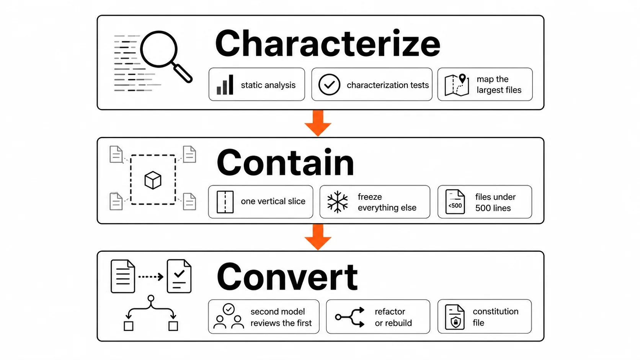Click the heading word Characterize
pyautogui.click(x=327, y=43)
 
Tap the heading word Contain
pyautogui.click(x=286, y=163)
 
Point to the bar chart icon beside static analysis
pyautogui.click(x=225, y=85)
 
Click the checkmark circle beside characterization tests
pyautogui.click(x=329, y=85)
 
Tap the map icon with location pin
pyautogui.click(x=457, y=85)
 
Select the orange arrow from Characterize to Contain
pyautogui.click(x=318, y=123)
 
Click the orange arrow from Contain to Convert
pyautogui.click(x=318, y=237)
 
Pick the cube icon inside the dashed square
pyautogui.click(x=153, y=180)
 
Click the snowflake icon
pyautogui.click(x=338, y=202)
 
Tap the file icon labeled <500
pyautogui.click(x=455, y=202)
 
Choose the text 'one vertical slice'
pyautogui.click(x=273, y=201)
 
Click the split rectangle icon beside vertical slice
pyautogui.click(x=225, y=202)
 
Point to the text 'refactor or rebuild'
pyautogui.click(x=393, y=317)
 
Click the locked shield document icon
pyautogui.click(x=455, y=317)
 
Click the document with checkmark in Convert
pyautogui.click(x=179, y=276)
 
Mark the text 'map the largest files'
pyautogui.click(x=499, y=85)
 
